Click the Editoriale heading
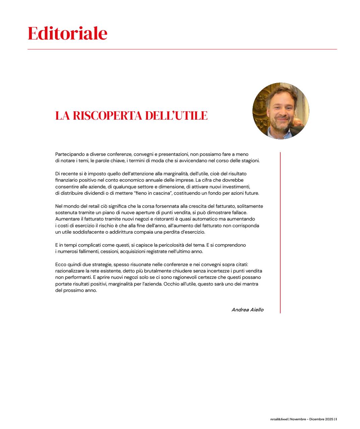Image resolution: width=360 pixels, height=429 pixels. (67, 33)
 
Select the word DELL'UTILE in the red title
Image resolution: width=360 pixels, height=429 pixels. (176, 116)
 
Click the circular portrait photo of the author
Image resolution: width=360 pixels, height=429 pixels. (281, 111)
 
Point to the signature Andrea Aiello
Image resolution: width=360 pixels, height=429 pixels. (247, 310)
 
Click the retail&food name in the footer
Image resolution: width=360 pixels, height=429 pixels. (279, 419)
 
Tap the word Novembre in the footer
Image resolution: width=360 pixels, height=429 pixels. (298, 419)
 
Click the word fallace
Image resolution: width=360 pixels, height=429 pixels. (239, 213)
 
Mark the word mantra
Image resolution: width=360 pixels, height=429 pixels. (250, 284)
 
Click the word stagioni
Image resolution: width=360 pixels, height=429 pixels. (250, 161)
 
